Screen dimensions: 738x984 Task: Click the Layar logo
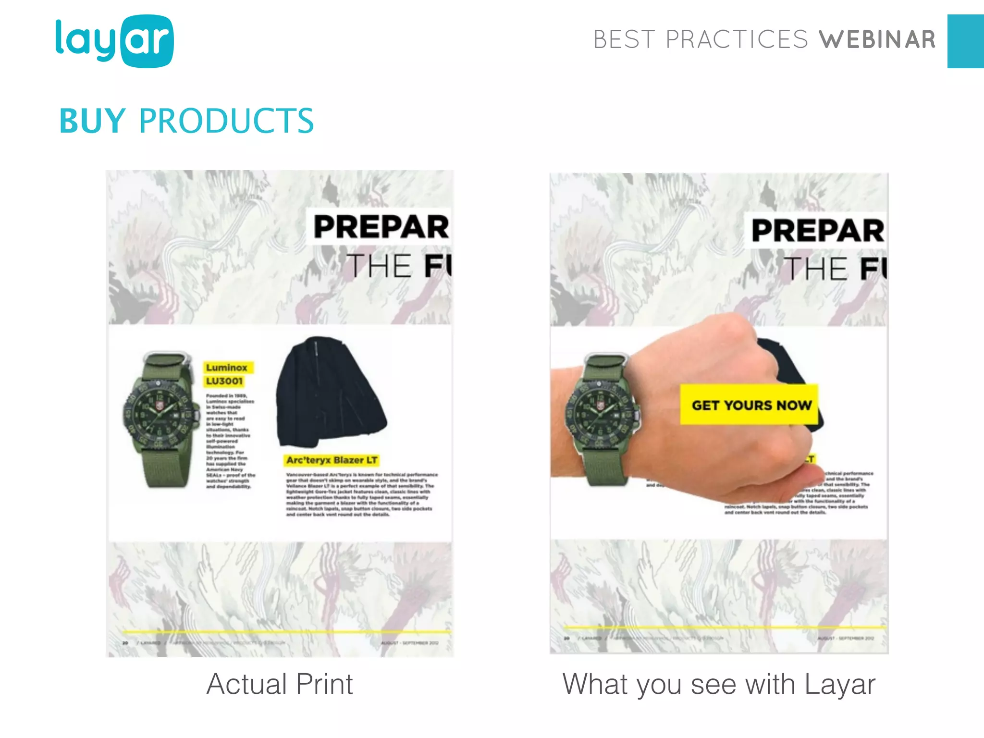point(114,41)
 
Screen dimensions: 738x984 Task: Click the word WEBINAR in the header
point(877,40)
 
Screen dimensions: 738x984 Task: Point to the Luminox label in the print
point(227,368)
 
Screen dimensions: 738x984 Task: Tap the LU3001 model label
point(224,381)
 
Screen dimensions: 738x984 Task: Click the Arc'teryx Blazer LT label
point(332,460)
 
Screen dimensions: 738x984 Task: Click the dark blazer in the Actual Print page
point(332,392)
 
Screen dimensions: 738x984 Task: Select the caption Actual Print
point(280,684)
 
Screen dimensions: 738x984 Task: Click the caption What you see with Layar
point(718,684)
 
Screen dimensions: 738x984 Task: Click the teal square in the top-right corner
point(965,41)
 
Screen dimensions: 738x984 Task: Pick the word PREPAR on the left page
point(381,227)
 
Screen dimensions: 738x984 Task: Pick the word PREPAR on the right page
point(817,231)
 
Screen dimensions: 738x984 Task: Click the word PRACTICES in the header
point(737,40)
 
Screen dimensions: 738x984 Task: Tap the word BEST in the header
point(624,40)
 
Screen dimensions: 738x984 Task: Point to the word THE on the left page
point(380,266)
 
